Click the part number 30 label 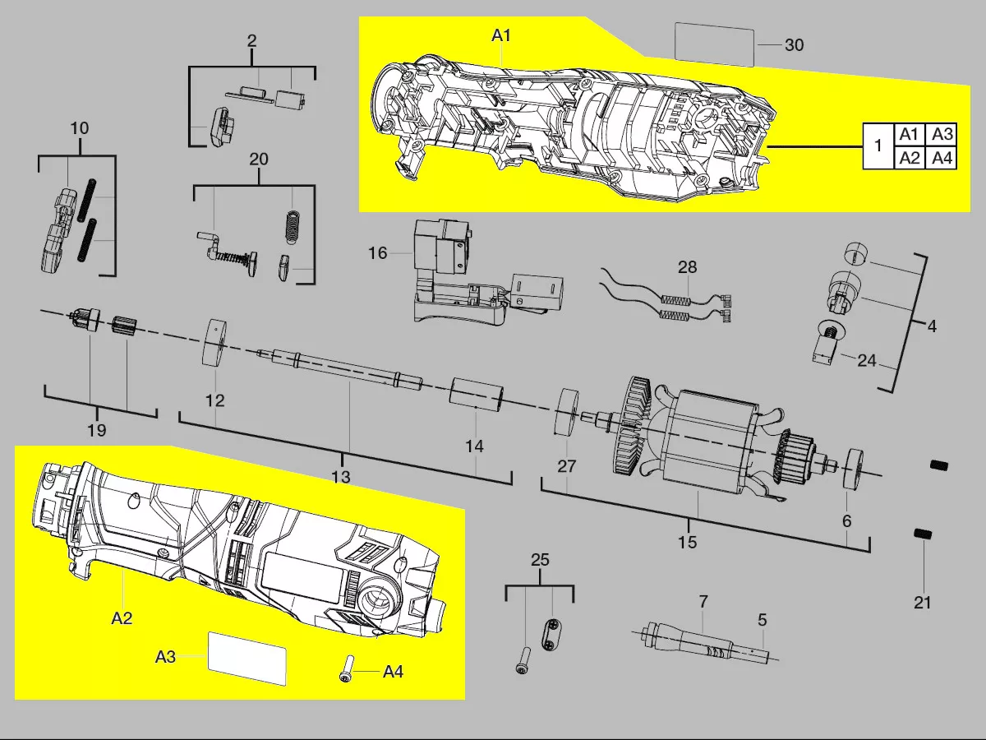[x=794, y=45]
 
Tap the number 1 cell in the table [x=878, y=146]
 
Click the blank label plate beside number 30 [x=714, y=44]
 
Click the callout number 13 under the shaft [x=340, y=477]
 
